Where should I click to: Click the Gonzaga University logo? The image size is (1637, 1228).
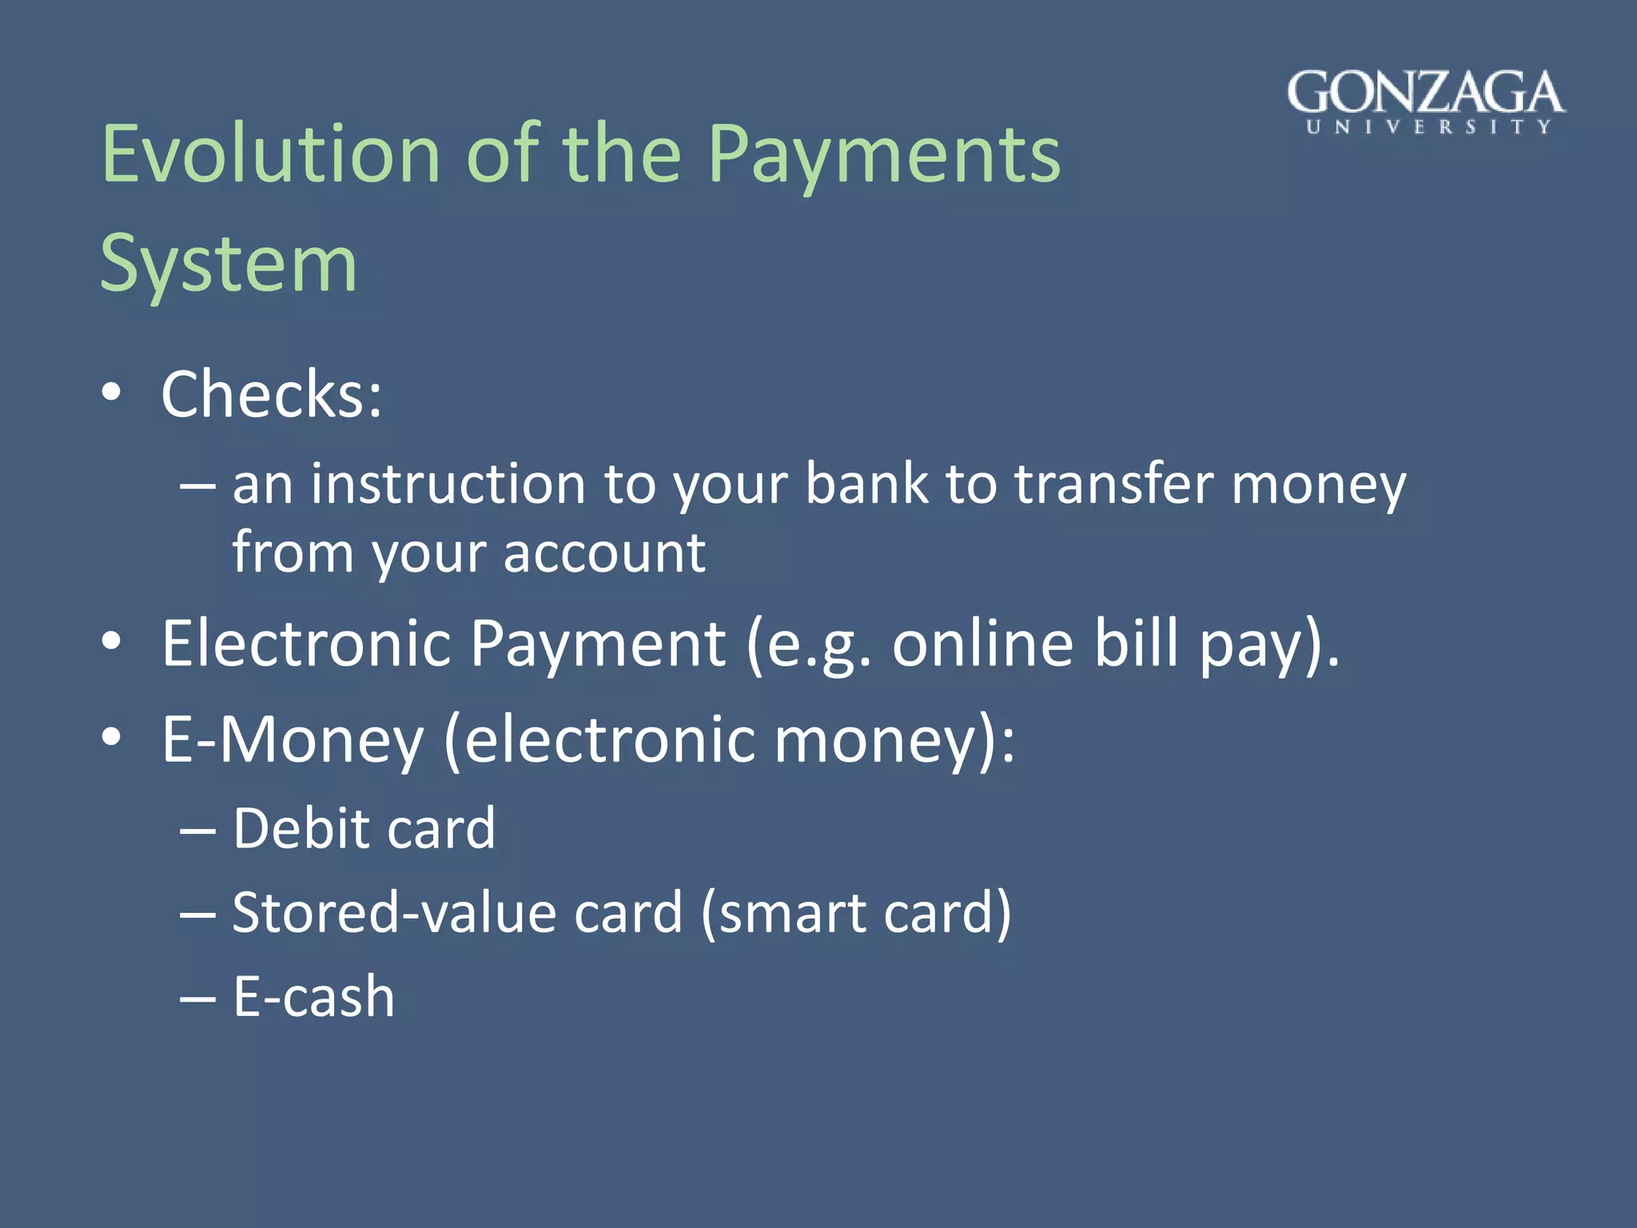[x=1426, y=102]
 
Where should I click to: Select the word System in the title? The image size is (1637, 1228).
[x=228, y=264]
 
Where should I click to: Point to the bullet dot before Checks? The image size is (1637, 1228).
[x=112, y=393]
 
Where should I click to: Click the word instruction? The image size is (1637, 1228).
[x=448, y=484]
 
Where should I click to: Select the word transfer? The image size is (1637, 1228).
[x=1113, y=484]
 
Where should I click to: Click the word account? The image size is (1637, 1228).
[x=604, y=553]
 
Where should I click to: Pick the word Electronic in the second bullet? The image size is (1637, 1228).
[x=306, y=644]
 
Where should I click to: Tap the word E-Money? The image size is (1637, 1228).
[x=293, y=740]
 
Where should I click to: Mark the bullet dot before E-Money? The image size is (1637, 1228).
[x=112, y=737]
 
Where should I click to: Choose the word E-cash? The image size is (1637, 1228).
[x=313, y=998]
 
